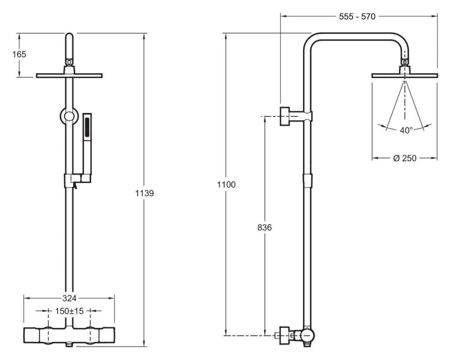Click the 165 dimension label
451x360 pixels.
[x=19, y=54]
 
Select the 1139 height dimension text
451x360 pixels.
[x=145, y=194]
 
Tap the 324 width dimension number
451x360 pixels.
[x=69, y=298]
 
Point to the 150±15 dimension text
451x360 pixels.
[x=69, y=311]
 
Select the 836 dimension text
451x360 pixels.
[x=264, y=227]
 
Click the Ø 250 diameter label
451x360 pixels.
[x=405, y=158]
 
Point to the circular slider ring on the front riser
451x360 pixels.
[x=69, y=116]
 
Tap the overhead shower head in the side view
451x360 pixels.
[x=405, y=75]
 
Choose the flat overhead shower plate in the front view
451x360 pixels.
[x=69, y=75]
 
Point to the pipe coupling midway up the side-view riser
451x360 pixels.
[x=307, y=180]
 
